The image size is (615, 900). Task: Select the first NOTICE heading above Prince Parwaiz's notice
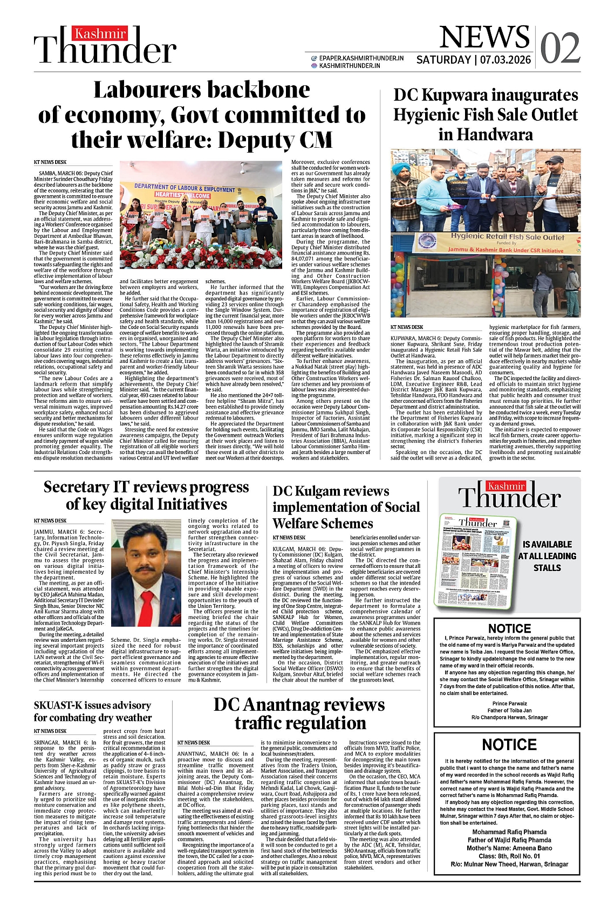509,628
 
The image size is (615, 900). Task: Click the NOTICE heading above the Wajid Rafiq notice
509,745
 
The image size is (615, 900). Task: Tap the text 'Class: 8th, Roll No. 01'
509,856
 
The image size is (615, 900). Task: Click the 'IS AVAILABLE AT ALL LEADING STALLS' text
547,556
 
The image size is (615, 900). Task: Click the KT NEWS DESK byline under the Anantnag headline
194,743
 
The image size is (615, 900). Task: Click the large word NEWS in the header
484,37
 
